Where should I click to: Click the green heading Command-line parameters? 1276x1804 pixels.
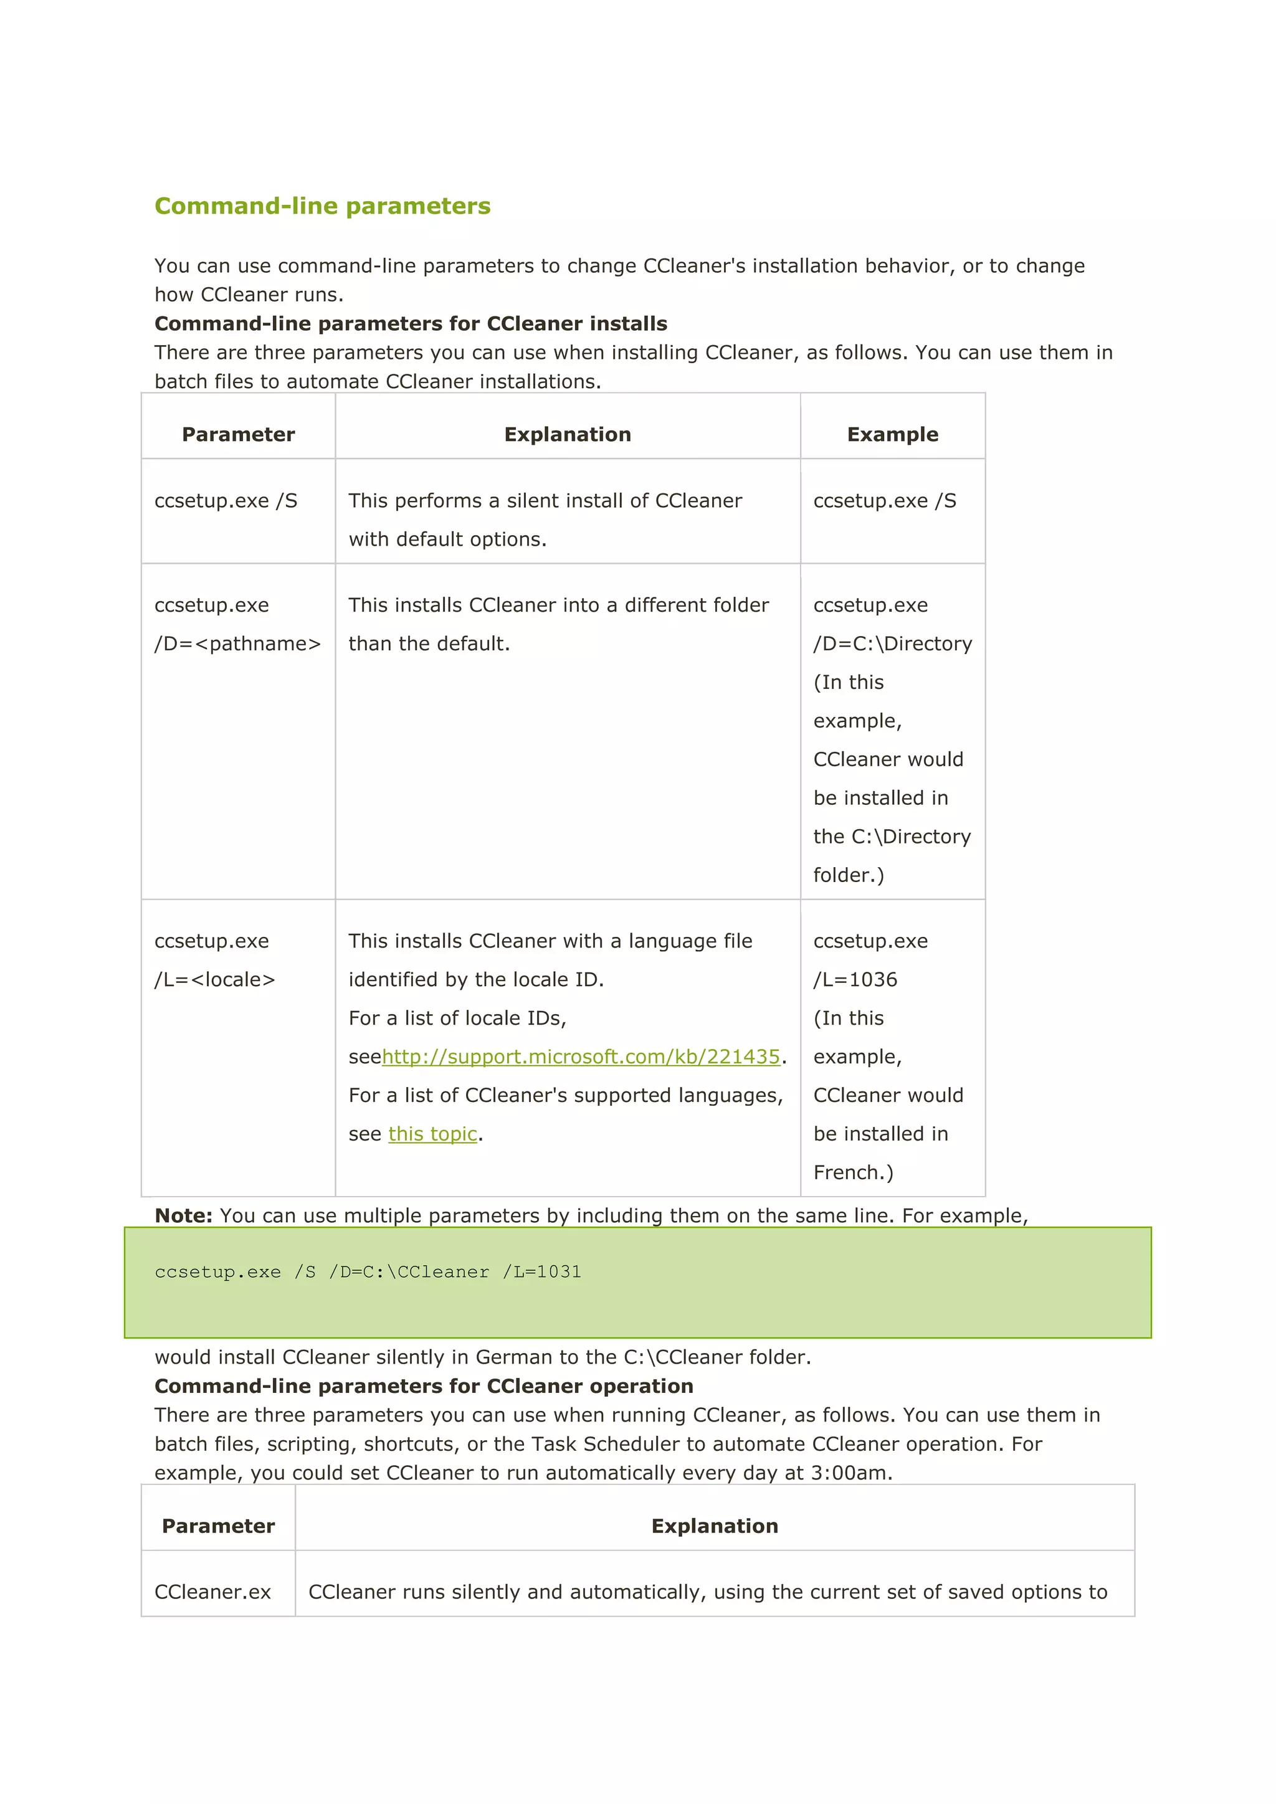(322, 206)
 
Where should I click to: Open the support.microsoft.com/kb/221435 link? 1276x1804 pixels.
(581, 1056)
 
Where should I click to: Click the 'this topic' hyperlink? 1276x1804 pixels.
(432, 1134)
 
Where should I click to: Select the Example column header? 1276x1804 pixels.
(893, 435)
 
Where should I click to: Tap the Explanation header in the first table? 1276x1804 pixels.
(568, 435)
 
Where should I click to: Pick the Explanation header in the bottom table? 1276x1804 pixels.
(714, 1526)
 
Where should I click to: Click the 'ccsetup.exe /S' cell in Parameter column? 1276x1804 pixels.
(226, 500)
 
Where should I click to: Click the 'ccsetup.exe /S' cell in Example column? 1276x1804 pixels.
(885, 500)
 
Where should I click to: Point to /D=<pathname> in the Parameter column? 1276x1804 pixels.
(237, 643)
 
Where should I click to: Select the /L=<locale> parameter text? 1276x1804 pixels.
(214, 980)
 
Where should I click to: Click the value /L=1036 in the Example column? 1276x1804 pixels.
(855, 980)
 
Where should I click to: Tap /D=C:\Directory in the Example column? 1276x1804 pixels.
(893, 643)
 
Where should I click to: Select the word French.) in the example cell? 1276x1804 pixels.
(854, 1172)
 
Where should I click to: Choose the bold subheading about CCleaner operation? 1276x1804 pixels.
(424, 1386)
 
